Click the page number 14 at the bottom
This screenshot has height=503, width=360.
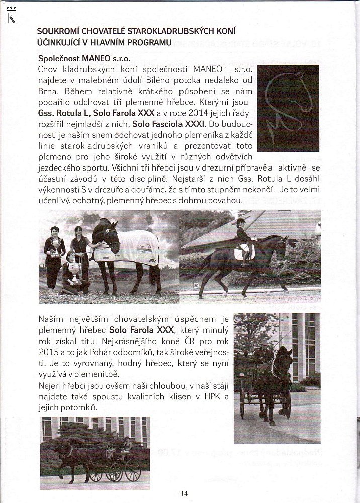point(184,493)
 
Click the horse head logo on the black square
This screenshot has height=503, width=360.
point(288,108)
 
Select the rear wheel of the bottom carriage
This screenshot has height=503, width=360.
point(132,469)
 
